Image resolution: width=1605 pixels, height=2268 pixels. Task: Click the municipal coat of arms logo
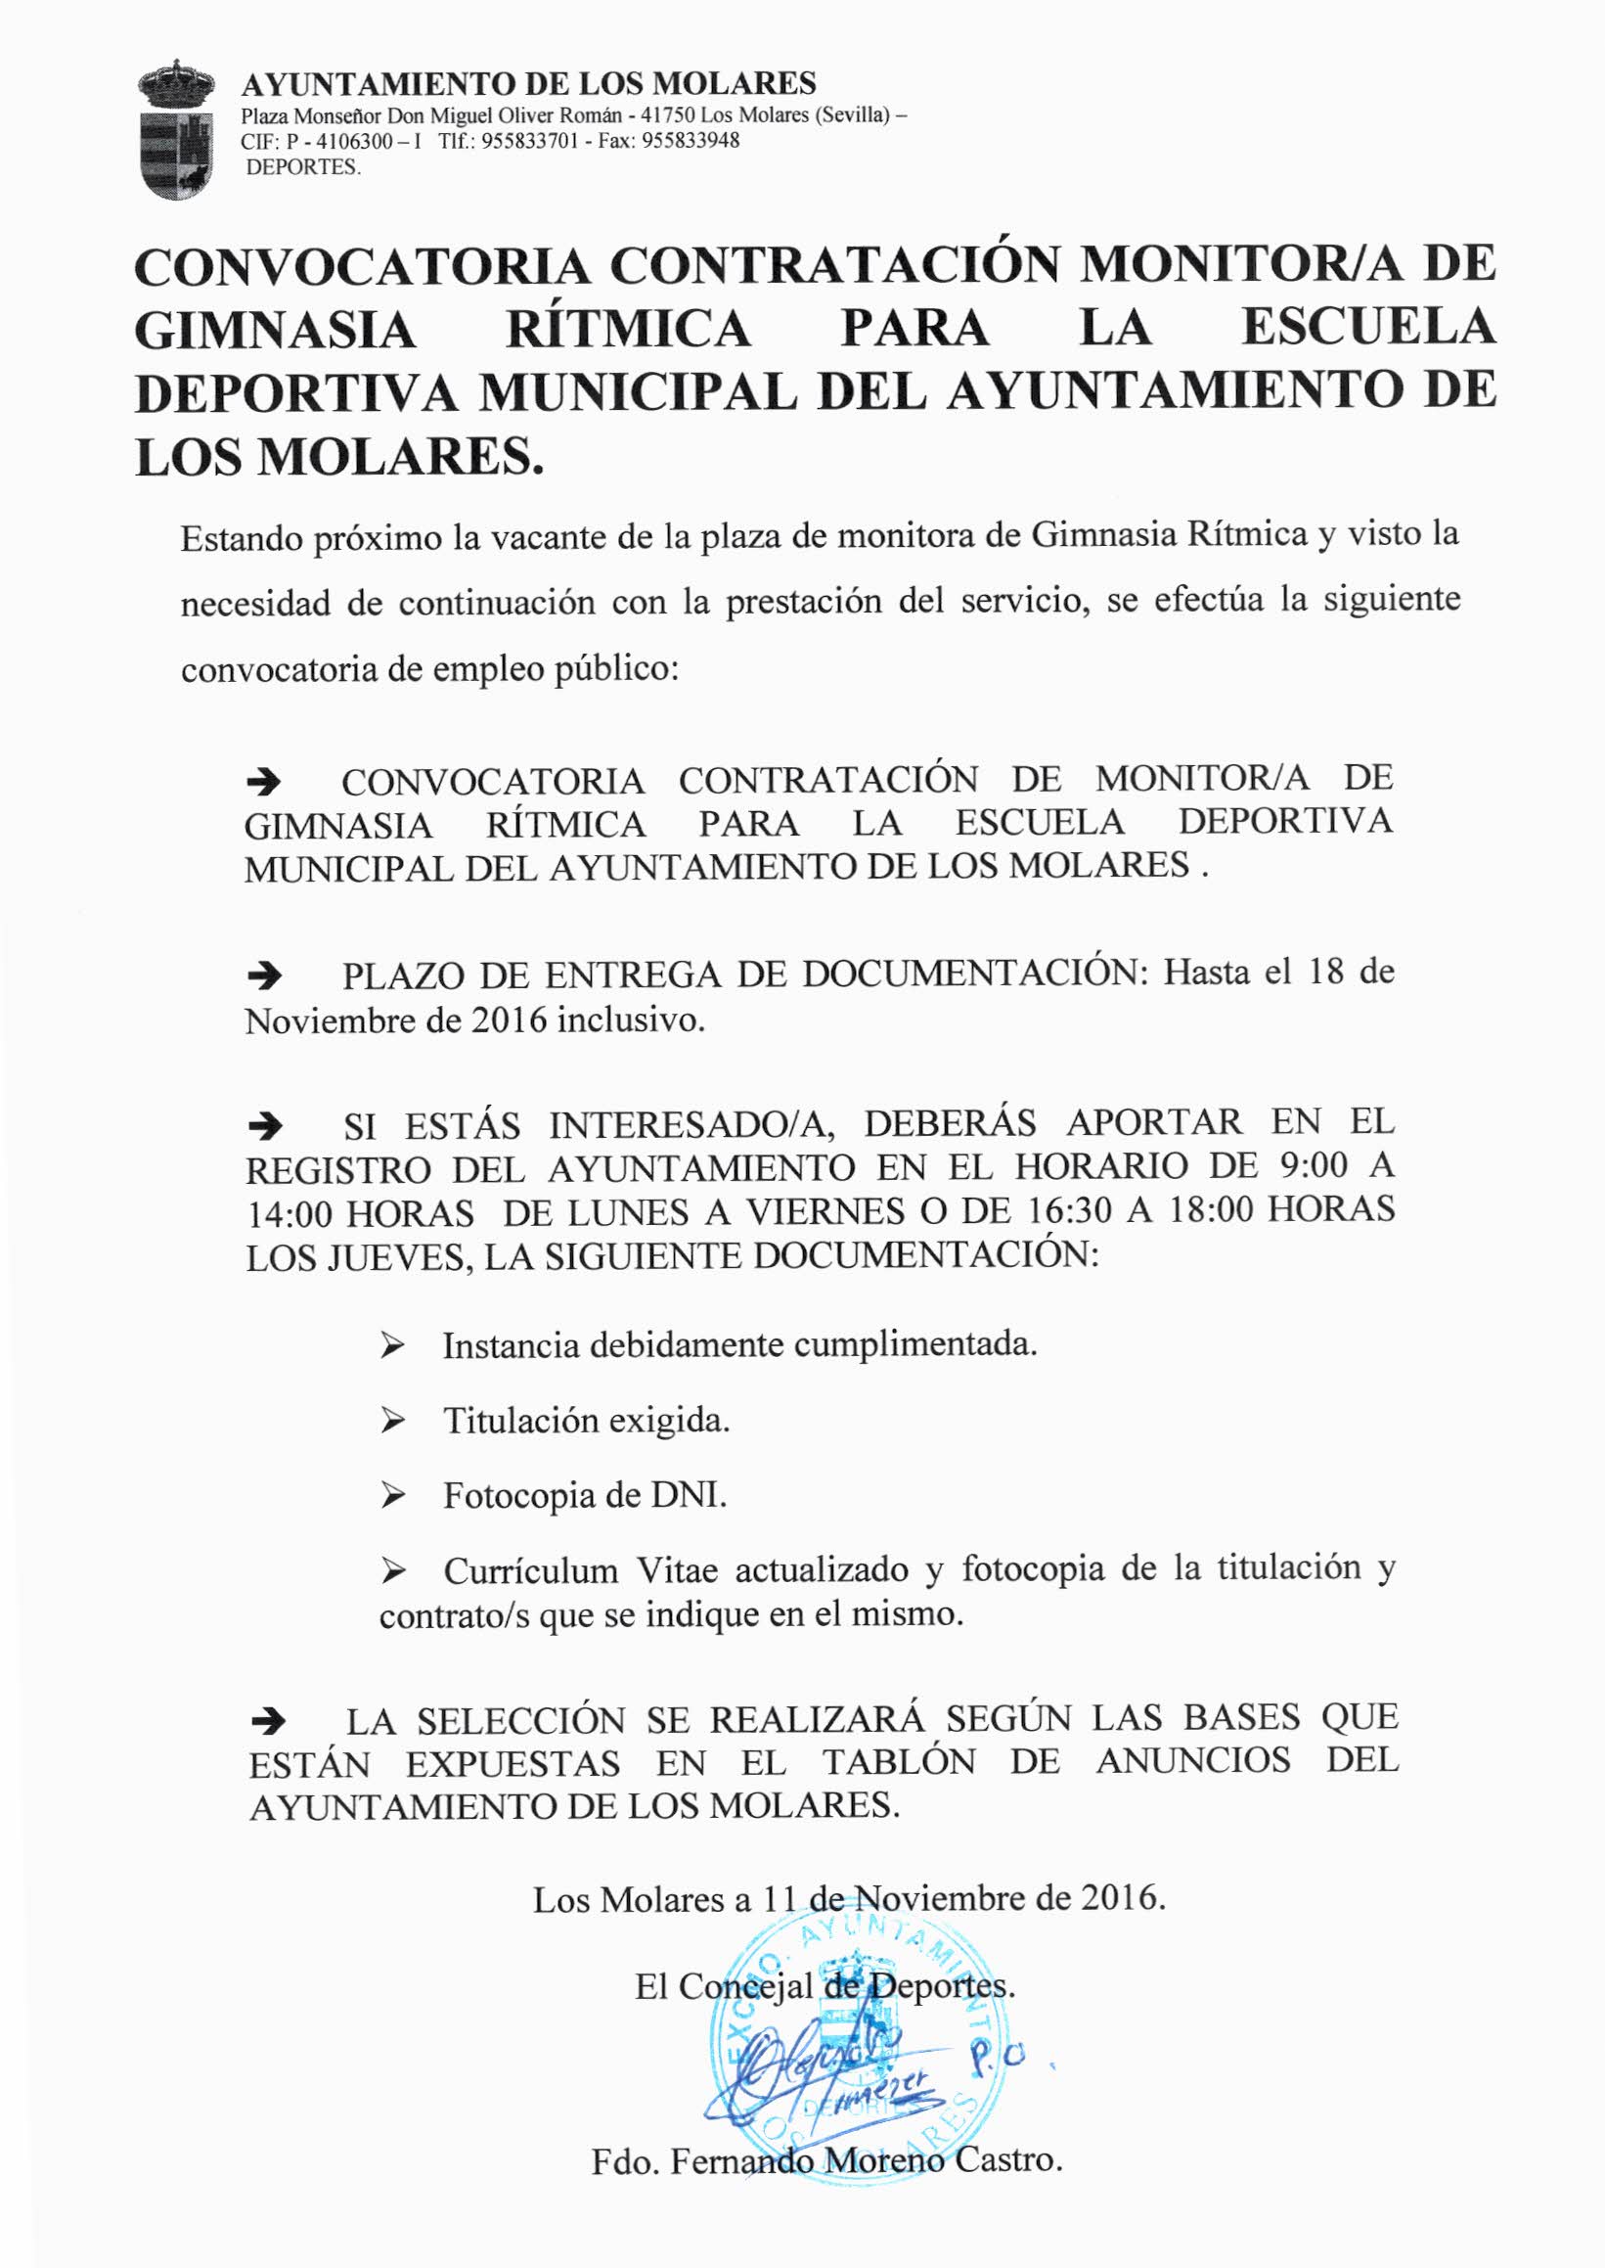[x=177, y=129]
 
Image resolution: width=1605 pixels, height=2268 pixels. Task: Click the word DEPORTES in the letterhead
[x=302, y=167]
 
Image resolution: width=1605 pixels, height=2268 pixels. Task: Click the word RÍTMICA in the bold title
[x=629, y=329]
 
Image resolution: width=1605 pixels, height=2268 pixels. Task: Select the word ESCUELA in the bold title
[x=1367, y=327]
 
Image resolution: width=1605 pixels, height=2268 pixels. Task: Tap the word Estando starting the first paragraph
[x=242, y=539]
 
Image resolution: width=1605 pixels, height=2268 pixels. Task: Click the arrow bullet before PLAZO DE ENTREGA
[x=263, y=976]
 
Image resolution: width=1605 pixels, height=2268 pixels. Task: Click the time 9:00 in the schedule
[x=1314, y=1165]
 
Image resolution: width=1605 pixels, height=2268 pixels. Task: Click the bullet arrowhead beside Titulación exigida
[x=392, y=1421]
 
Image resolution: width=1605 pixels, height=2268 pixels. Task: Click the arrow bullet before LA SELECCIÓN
[x=268, y=1721]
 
